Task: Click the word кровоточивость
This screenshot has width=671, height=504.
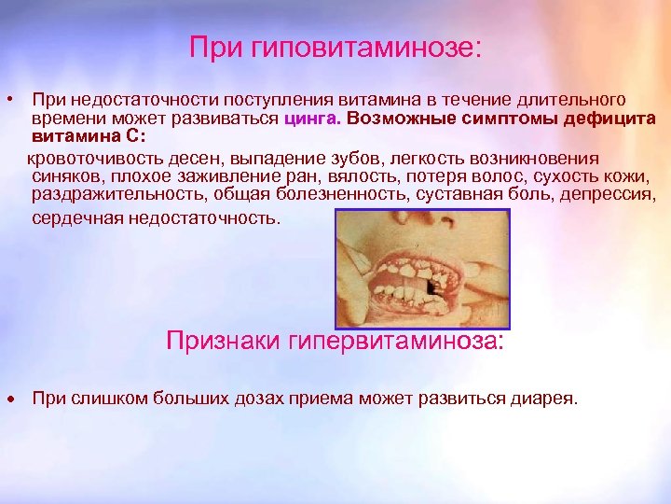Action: point(89,158)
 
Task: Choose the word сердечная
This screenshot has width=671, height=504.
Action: point(76,218)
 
